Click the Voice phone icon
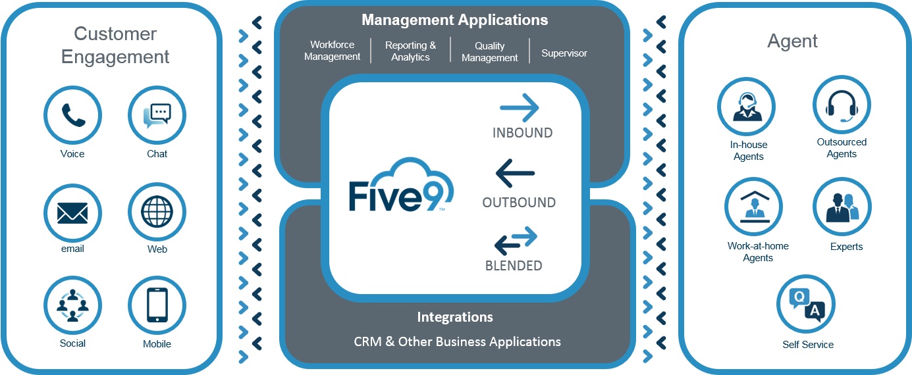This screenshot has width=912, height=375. (x=72, y=116)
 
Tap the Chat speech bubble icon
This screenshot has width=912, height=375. (x=157, y=116)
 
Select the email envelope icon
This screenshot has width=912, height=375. (x=72, y=213)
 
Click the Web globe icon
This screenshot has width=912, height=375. (x=157, y=213)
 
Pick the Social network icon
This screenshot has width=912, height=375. (x=72, y=306)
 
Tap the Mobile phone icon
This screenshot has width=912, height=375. (x=157, y=306)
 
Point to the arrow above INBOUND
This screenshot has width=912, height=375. (x=520, y=108)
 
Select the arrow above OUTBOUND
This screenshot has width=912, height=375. (x=515, y=174)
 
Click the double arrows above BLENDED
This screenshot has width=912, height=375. (x=516, y=240)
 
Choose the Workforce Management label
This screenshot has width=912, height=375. (x=333, y=51)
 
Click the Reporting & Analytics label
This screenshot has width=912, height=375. (x=410, y=51)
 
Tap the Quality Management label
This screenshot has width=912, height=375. (x=489, y=51)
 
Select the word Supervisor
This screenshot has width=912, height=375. (x=564, y=53)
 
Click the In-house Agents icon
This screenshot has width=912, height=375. (x=746, y=107)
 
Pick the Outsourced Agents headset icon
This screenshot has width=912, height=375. (x=842, y=105)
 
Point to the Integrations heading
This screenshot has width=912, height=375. (x=455, y=317)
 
